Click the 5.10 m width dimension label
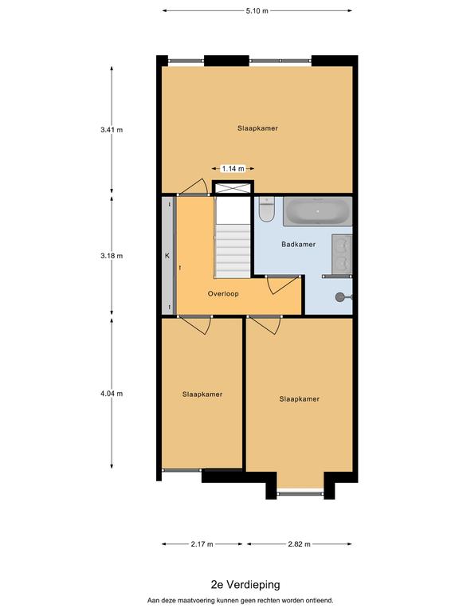(x=257, y=11)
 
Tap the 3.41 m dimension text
(x=112, y=130)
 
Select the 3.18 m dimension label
(x=112, y=256)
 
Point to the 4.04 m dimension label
(x=112, y=394)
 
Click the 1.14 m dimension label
(x=233, y=169)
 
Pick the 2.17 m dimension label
(x=202, y=544)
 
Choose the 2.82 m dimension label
(x=300, y=544)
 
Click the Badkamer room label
(x=299, y=245)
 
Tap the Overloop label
(x=223, y=293)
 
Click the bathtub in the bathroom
(x=318, y=211)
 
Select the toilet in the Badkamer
(x=267, y=210)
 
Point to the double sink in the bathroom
(x=342, y=253)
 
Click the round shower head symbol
(x=340, y=297)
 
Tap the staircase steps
(x=233, y=251)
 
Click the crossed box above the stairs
(x=233, y=188)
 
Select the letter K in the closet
(x=167, y=256)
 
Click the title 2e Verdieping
(x=245, y=585)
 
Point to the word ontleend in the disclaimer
(x=320, y=600)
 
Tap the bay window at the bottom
(x=300, y=494)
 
